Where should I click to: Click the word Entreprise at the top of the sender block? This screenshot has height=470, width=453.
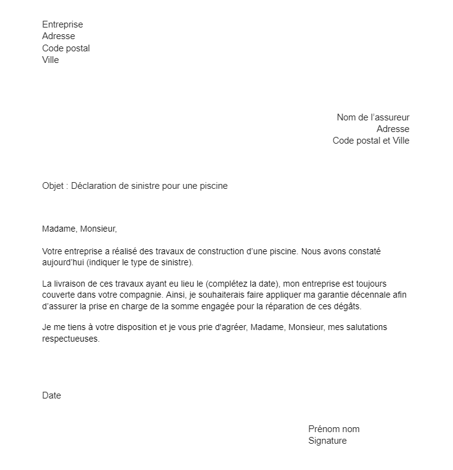point(62,24)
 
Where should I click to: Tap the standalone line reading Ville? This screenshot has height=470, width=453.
point(51,60)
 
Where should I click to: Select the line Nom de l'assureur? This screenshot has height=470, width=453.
point(373,117)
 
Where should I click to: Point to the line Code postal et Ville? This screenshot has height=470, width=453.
point(371,141)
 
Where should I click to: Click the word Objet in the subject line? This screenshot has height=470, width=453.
point(53,186)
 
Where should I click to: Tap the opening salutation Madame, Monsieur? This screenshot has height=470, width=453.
point(79,229)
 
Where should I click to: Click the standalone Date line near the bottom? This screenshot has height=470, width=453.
point(51,395)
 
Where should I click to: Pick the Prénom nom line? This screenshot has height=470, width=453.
point(333,429)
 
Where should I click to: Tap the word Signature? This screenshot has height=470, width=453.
point(327,441)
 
